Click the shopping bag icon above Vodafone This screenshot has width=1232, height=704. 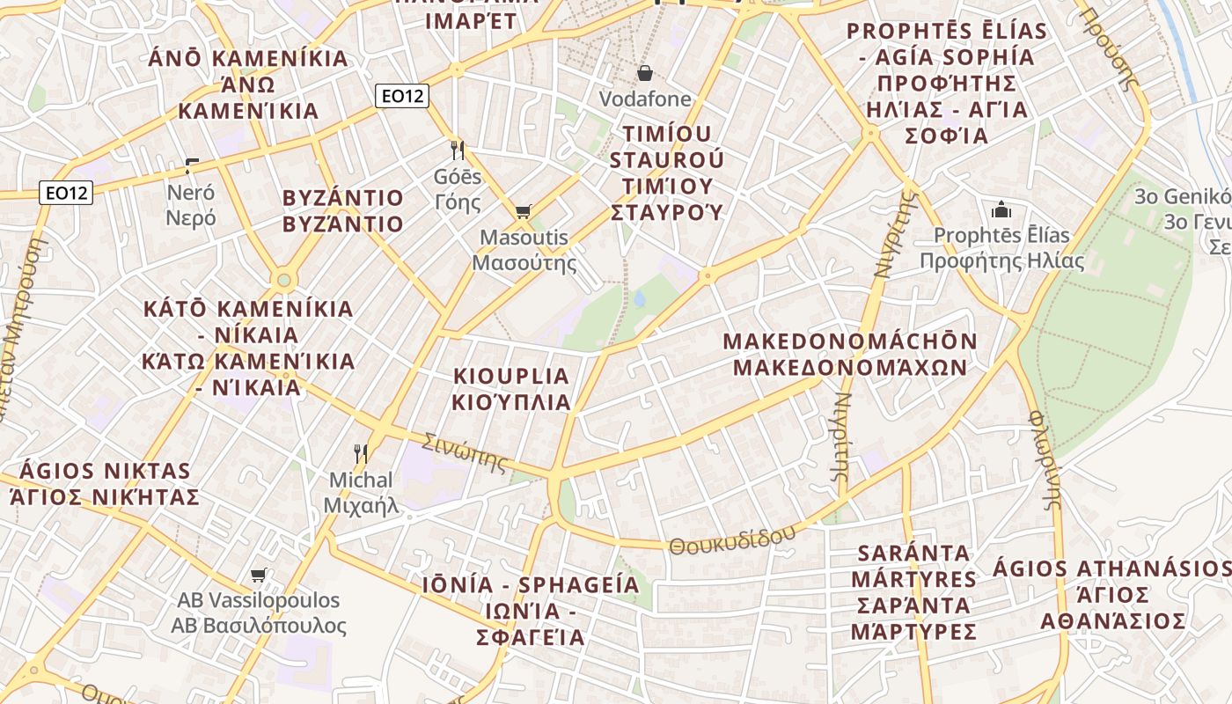[645, 73]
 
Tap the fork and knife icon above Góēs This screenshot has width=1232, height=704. [457, 150]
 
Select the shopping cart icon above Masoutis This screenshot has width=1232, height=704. [523, 211]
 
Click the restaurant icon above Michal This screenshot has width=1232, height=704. [360, 454]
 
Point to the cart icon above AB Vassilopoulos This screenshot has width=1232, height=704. [258, 576]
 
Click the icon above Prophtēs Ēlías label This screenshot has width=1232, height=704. [1001, 209]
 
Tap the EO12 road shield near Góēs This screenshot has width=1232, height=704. [402, 96]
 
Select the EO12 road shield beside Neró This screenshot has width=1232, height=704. [66, 192]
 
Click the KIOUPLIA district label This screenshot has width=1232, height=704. [511, 376]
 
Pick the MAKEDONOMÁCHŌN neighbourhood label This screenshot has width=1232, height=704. [850, 341]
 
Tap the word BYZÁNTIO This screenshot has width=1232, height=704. [343, 197]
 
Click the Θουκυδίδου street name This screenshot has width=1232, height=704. [732, 539]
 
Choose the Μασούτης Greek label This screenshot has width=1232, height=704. [524, 262]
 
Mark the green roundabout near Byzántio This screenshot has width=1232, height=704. [283, 281]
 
